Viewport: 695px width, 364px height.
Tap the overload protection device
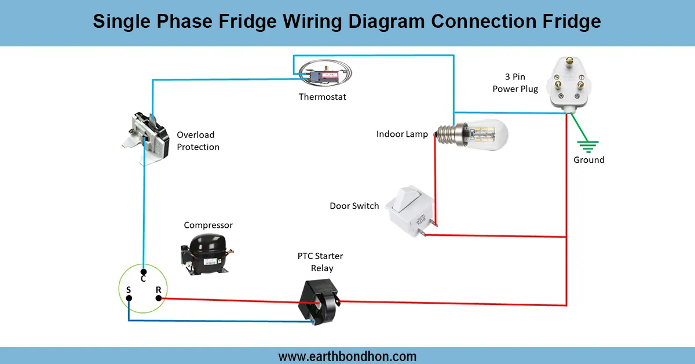[146, 138]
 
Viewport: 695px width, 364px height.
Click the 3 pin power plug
[569, 82]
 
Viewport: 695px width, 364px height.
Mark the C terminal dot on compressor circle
[143, 270]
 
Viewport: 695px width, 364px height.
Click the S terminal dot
[128, 299]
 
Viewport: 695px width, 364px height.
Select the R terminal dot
[158, 299]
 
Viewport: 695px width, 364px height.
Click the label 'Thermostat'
[322, 97]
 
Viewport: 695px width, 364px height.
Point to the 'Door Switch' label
[354, 206]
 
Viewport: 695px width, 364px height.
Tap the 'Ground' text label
[588, 160]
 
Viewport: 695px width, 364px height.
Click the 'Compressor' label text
[208, 225]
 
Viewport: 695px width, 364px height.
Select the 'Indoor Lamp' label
[402, 134]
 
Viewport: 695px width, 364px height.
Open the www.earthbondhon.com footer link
[348, 356]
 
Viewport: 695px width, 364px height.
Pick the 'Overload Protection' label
[198, 141]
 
